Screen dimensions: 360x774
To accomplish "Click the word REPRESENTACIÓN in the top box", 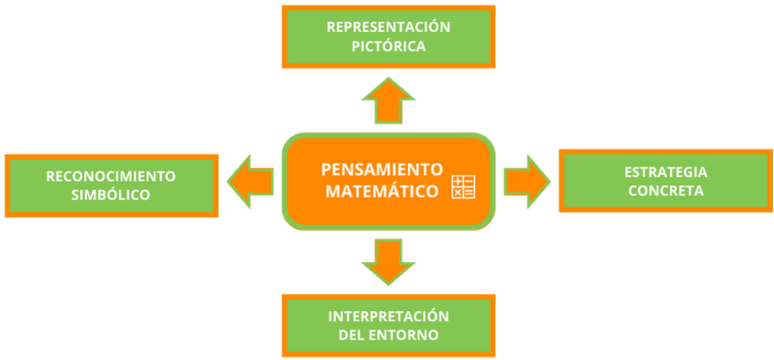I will pos(388,27).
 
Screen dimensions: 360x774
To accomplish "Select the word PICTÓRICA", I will pos(388,46).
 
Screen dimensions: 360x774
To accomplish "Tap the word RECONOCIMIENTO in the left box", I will pos(111,176).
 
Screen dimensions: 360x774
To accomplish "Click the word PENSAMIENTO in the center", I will pos(382,168).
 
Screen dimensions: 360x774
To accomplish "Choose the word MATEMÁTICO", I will pos(382,191).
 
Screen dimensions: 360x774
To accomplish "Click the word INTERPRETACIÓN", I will pos(388,316).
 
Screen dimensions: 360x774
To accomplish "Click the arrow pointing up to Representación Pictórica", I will pos(388,100).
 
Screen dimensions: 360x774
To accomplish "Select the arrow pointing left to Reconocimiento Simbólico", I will pos(251,181).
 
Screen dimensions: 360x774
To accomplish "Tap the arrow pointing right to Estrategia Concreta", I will pos(526,181).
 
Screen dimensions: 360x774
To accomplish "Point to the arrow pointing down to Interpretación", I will pos(388,261).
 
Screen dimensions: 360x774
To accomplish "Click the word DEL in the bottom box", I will pos(352,335).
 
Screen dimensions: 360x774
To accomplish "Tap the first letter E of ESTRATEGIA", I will pos(629,172).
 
